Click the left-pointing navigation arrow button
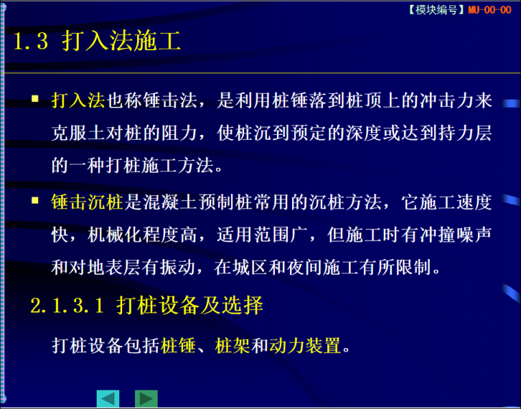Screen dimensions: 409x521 [x=108, y=399]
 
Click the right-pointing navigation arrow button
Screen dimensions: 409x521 [x=146, y=399]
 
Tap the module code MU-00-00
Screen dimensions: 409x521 [x=489, y=10]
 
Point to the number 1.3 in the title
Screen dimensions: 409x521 [x=31, y=42]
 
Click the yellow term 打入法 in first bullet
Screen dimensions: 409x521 [x=77, y=101]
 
